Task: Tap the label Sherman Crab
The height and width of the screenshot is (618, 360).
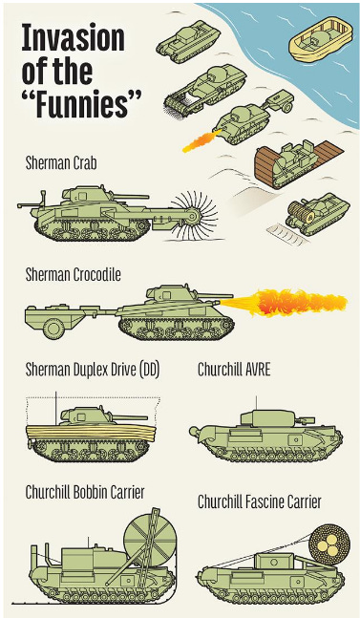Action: point(61,162)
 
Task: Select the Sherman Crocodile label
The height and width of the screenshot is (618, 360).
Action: point(74,275)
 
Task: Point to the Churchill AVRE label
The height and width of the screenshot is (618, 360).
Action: point(234,370)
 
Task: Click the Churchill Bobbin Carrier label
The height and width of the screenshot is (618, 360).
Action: point(85,492)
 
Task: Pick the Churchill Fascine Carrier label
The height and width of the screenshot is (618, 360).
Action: point(260,501)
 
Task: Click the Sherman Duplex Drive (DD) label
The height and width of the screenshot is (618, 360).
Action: point(93,370)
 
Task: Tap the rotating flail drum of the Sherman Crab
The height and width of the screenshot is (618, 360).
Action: point(194,216)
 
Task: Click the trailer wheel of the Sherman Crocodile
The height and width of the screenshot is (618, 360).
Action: point(54,328)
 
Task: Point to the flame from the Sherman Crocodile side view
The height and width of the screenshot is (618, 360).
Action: point(284,303)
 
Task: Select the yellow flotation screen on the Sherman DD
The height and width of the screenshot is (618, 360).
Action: point(91,433)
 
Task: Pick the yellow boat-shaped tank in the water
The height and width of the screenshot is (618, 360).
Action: point(321,38)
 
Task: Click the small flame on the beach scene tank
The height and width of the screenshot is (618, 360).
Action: point(201,141)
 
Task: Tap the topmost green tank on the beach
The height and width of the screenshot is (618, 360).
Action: point(188,41)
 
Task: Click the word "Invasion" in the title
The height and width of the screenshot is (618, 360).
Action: point(74,38)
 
